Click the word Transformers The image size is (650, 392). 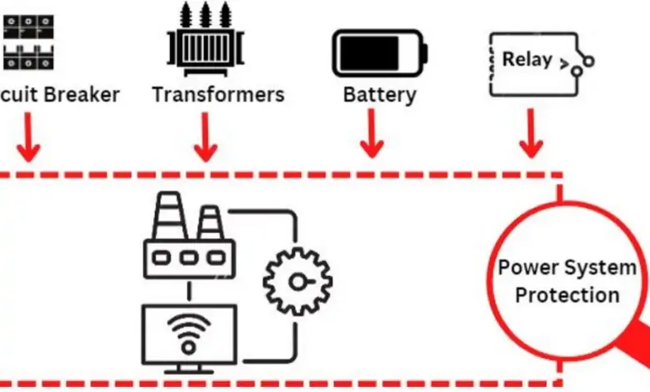(x=217, y=93)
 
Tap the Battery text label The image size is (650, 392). (x=379, y=93)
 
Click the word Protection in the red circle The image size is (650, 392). (x=567, y=295)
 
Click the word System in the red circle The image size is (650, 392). (x=600, y=269)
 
